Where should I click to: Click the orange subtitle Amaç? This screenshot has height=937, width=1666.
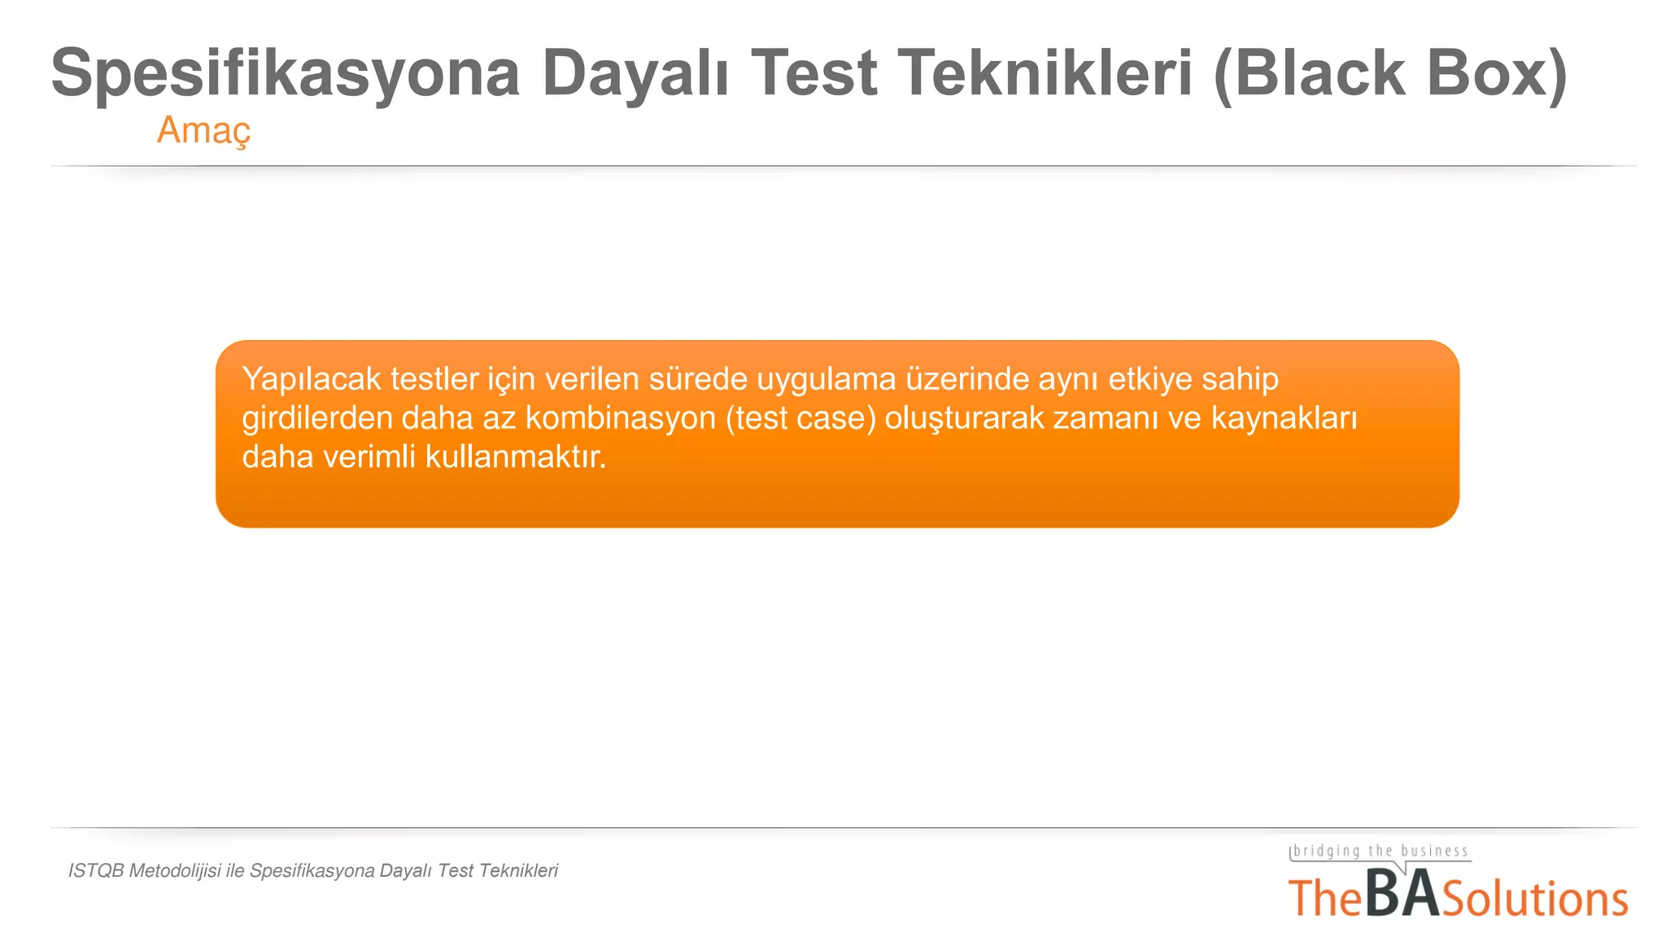pos(203,130)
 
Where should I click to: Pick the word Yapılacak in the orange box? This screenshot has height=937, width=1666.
pos(311,380)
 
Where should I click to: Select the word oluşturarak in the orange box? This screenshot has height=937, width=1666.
pos(964,418)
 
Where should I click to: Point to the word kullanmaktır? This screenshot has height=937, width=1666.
pos(516,457)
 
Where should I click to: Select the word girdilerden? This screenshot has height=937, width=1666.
pos(316,418)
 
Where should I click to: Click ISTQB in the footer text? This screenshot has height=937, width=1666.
pos(96,871)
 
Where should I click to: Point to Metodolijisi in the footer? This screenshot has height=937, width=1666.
pos(175,871)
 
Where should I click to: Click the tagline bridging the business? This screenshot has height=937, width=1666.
pos(1380,852)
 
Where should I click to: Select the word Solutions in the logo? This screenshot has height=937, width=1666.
pos(1535,899)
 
